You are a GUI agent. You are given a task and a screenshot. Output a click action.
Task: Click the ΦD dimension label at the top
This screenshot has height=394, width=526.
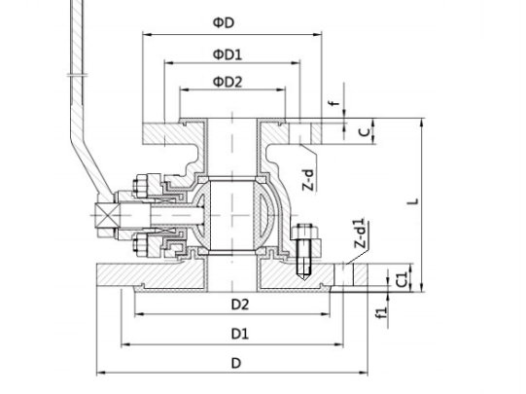[x=224, y=22]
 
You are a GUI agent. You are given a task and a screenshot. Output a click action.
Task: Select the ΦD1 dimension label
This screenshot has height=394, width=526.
[x=228, y=54]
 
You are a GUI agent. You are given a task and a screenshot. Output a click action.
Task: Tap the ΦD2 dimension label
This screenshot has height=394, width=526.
[x=228, y=82]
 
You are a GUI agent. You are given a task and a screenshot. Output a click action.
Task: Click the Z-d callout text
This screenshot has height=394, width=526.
[x=309, y=180]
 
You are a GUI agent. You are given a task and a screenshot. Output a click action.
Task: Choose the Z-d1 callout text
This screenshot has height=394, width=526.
[x=360, y=233]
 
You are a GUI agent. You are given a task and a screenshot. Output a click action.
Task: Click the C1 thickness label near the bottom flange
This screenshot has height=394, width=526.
[x=402, y=279]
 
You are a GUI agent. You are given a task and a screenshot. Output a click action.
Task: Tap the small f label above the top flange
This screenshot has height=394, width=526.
[x=335, y=103]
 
